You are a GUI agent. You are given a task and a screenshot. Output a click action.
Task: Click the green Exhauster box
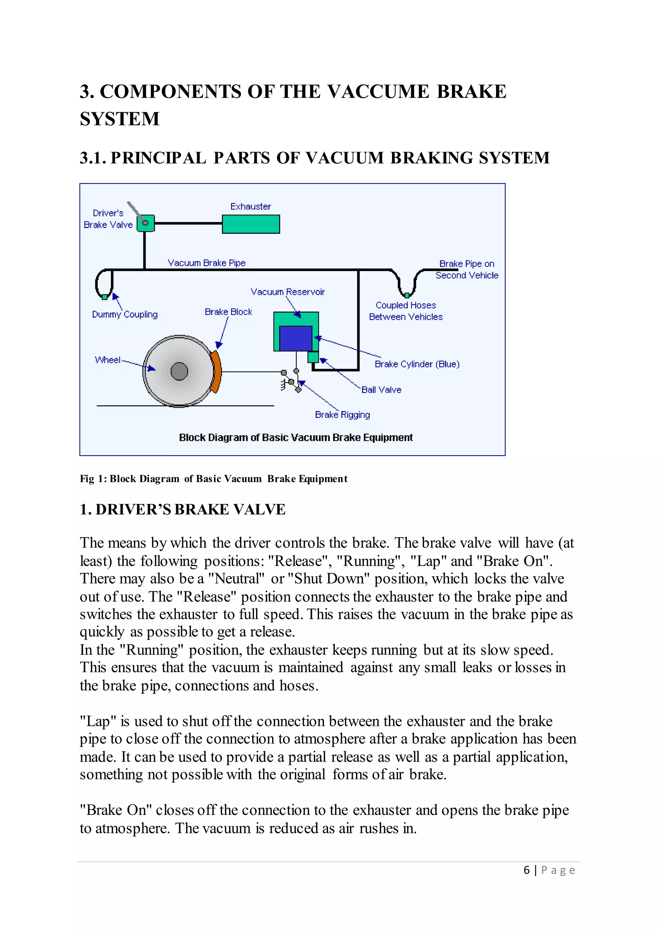click(251, 224)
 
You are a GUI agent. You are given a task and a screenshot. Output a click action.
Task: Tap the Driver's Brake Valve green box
click(146, 223)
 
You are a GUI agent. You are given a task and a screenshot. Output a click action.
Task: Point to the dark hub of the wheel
click(179, 371)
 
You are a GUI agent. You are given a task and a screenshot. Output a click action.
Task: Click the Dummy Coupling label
click(125, 315)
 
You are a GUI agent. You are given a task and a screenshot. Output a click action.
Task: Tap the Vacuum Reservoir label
click(288, 292)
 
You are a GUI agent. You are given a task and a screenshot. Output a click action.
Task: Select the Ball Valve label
click(381, 390)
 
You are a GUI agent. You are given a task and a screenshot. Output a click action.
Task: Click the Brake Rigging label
click(342, 415)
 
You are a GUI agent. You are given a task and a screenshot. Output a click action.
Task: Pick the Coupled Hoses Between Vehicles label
click(405, 311)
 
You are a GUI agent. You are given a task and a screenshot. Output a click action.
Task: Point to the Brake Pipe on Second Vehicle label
click(467, 270)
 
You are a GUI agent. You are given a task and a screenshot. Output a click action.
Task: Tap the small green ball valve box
click(313, 357)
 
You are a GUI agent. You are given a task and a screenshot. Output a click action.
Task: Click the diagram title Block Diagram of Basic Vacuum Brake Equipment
click(296, 438)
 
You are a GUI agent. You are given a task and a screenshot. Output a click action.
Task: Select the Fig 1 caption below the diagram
click(214, 479)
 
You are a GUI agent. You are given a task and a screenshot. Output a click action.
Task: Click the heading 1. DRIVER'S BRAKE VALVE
click(182, 510)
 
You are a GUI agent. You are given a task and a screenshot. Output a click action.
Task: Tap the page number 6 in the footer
click(526, 870)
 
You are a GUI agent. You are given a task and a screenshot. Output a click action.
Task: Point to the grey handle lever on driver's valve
click(135, 210)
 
